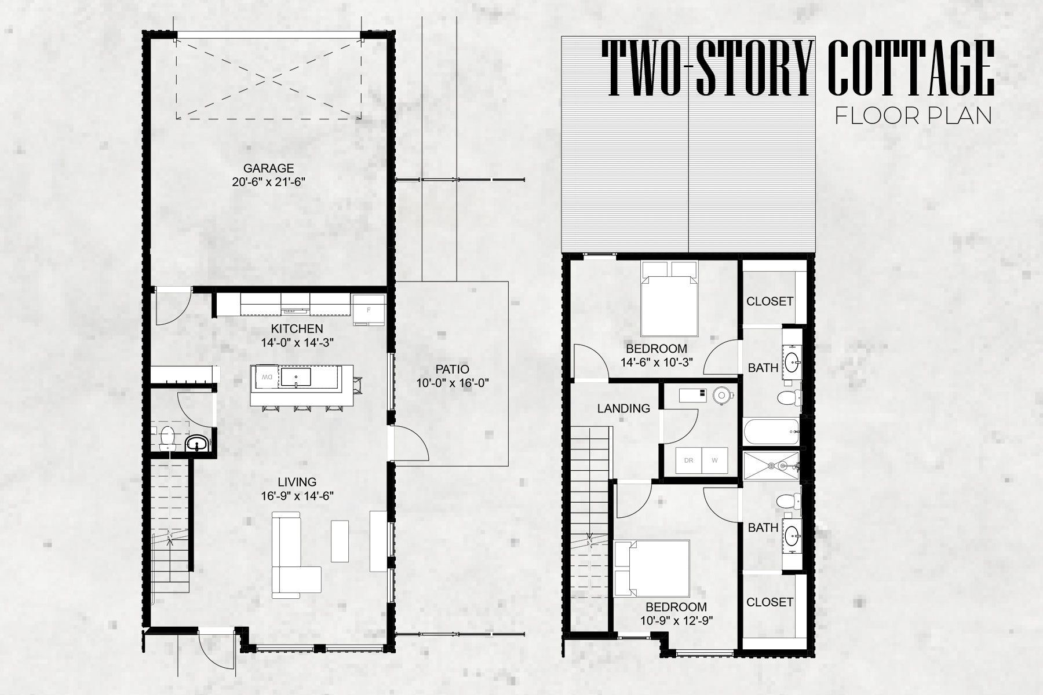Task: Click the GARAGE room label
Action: tap(268, 169)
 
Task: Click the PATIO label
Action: tap(451, 369)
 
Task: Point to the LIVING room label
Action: tap(297, 482)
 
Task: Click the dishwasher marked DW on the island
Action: tap(265, 377)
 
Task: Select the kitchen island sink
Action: tap(296, 378)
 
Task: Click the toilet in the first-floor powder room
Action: tap(167, 437)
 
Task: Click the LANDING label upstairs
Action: tap(623, 408)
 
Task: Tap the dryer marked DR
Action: tap(689, 461)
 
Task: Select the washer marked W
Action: tap(715, 461)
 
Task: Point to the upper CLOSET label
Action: tap(770, 301)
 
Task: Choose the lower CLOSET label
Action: tap(770, 602)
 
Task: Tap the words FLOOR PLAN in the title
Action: tap(913, 116)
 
